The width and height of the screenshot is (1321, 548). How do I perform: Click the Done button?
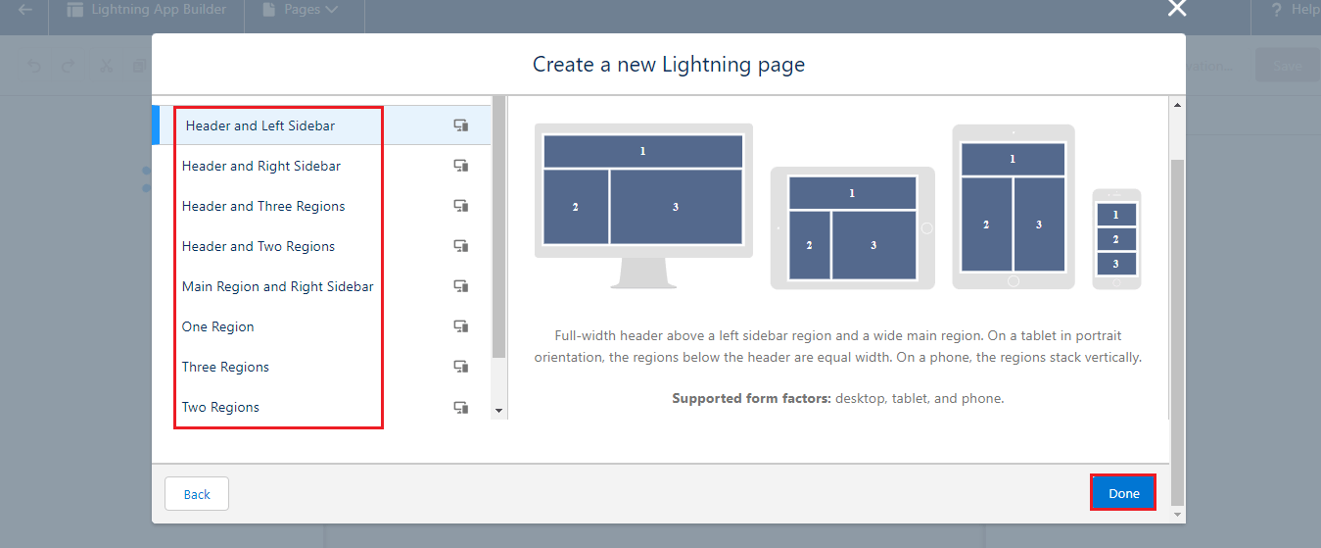coord(1123,493)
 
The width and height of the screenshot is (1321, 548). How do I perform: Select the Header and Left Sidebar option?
coord(260,125)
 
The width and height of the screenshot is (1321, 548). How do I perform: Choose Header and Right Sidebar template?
coord(261,166)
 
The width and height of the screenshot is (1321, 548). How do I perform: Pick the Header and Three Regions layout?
coord(263,206)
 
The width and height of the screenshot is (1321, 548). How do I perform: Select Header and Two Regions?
coord(259,246)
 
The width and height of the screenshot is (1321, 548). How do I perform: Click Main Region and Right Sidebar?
coord(277,286)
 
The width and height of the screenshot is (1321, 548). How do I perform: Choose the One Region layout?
coord(218,326)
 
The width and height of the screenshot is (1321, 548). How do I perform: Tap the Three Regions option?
coord(225,367)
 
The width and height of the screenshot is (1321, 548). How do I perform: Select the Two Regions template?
coord(220,407)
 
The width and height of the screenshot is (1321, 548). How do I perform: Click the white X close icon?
coord(1177,9)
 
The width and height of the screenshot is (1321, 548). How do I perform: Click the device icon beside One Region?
coord(460,326)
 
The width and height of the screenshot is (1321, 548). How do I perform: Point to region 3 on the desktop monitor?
coord(676,207)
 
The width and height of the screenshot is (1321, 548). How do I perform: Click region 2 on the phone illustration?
coord(1115,238)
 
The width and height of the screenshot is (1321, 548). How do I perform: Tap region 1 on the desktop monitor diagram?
coord(642,151)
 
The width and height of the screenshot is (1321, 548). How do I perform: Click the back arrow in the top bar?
coord(25,10)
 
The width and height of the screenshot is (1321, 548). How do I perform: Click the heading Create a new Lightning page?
coord(668,65)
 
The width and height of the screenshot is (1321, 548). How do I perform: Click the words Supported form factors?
coord(751,398)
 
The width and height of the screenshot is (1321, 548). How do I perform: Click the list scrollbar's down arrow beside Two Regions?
coord(498,411)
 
